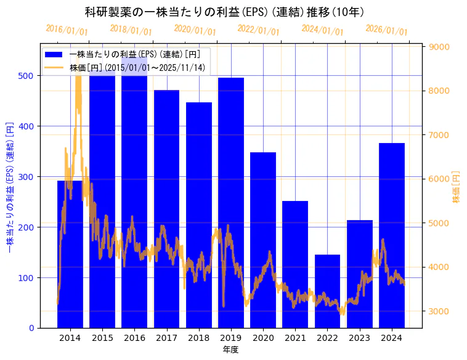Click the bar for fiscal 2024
[392, 235]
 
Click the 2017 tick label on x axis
[166, 338]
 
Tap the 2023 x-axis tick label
[360, 338]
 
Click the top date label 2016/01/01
[67, 30]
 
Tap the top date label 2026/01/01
[386, 30]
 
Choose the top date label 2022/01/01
[258, 30]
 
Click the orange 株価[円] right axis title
[457, 187]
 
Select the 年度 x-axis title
[230, 350]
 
